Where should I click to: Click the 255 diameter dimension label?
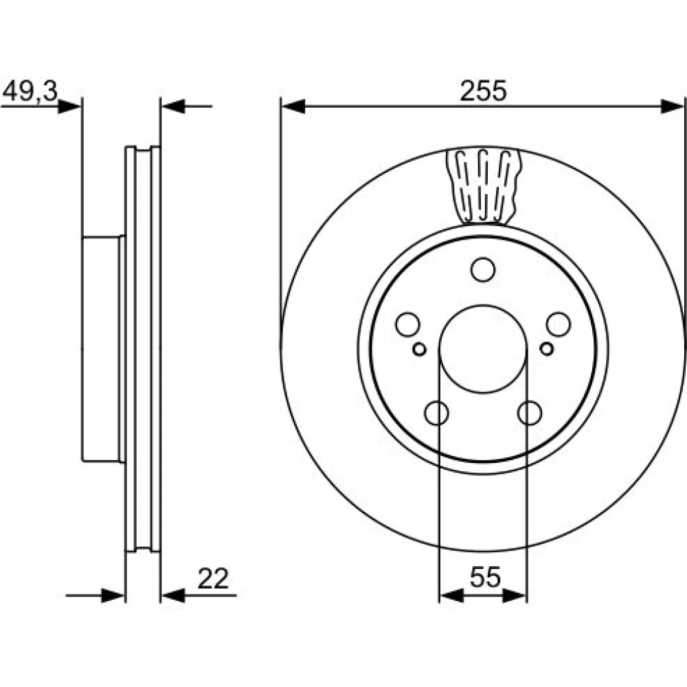pos(483,91)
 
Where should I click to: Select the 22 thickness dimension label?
pos(213,578)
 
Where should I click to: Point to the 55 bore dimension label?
pos(485,577)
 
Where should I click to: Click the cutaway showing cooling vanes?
pos(483,186)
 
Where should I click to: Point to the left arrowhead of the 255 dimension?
pos(293,106)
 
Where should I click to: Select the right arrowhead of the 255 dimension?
pos(672,106)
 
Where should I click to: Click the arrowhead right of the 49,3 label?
pos(69,106)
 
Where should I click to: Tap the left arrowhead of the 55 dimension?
pos(451,596)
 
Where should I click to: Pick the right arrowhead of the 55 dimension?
pos(515,596)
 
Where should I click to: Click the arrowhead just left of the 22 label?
pos(173,596)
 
